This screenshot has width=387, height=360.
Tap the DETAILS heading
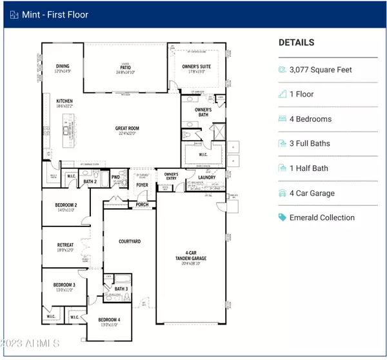coord(296,43)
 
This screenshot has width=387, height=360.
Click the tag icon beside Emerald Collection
coord(283,217)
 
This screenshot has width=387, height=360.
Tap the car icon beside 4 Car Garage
coord(283,193)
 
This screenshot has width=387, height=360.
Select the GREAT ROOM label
coord(127,128)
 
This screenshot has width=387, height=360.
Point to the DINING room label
coord(63,66)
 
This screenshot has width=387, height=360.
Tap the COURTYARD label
coord(130,241)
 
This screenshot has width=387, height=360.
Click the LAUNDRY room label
coord(206,177)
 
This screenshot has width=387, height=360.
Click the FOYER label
coord(142,186)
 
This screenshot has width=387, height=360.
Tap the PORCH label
coord(142,205)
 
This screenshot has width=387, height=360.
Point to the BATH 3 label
coord(122,288)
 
